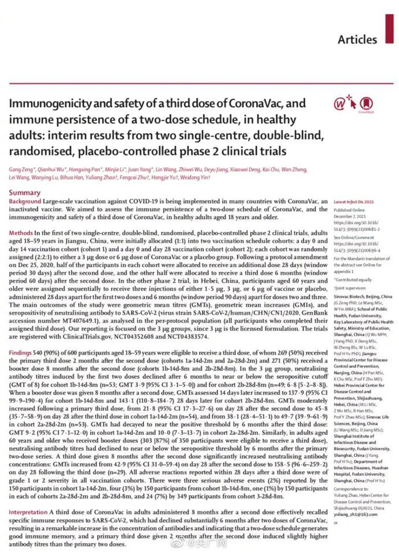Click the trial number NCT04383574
206,336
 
